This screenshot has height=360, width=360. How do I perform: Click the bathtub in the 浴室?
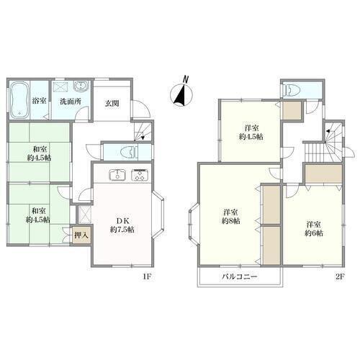point(20,100)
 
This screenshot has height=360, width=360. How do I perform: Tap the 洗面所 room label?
point(71,102)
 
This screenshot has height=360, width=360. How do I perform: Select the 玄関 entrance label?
point(112,104)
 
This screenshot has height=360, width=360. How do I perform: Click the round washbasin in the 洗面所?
point(81,86)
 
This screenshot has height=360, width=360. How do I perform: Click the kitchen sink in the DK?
point(117,175)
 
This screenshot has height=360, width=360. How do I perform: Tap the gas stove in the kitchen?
point(140,175)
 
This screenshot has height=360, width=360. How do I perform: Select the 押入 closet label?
point(81,235)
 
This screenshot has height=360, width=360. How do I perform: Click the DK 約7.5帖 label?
point(122,225)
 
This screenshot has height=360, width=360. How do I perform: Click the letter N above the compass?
point(185,79)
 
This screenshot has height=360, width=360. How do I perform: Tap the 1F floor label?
point(147,276)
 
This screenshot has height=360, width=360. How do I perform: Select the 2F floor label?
point(340,276)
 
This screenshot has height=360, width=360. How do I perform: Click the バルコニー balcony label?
point(239,276)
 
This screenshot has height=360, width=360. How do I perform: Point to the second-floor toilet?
point(292,90)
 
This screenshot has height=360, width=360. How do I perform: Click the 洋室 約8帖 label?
point(230,217)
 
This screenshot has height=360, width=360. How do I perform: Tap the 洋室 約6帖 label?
point(314,229)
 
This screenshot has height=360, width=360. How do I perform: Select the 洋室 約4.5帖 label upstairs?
point(251,132)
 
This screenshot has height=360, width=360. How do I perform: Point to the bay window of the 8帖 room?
point(194,224)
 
